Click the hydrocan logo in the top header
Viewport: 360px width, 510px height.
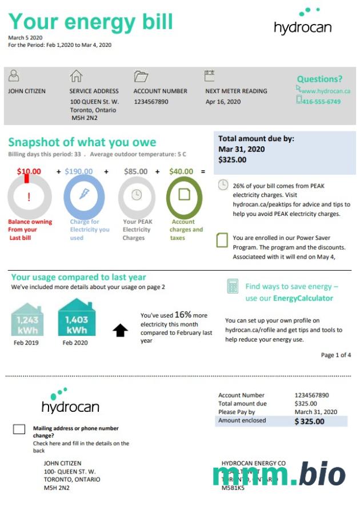tap(302, 22)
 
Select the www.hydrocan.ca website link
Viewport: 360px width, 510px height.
tap(325, 91)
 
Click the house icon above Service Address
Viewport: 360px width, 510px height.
tap(76, 76)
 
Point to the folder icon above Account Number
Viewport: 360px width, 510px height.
tap(141, 76)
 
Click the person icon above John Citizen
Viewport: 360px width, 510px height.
tap(14, 75)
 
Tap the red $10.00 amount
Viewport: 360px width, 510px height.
tap(29, 171)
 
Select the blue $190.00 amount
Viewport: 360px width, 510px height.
tap(79, 171)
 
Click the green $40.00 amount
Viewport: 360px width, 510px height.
tap(181, 171)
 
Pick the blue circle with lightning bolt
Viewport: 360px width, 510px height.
tap(84, 195)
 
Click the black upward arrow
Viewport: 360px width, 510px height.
tap(120, 330)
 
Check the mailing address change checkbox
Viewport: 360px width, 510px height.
tap(19, 429)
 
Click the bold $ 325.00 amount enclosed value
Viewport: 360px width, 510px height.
tap(309, 421)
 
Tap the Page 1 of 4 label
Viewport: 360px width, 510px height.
tap(336, 355)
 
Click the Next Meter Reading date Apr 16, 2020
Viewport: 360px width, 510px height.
tap(223, 102)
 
